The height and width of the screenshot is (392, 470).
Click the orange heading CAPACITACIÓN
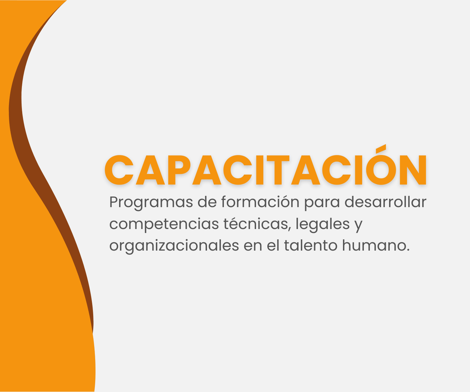(x=265, y=167)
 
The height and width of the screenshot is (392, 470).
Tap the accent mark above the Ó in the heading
(x=381, y=148)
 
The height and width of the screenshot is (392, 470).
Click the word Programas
(x=151, y=202)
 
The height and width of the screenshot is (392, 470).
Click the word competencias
(x=164, y=224)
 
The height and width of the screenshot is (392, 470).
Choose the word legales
(x=322, y=224)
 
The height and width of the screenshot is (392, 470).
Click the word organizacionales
(x=174, y=246)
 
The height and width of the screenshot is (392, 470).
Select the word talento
(x=311, y=245)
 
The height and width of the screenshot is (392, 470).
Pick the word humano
(x=373, y=245)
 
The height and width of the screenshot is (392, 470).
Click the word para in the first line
(x=322, y=202)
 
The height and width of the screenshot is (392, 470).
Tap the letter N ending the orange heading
(x=413, y=170)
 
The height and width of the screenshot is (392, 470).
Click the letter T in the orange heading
(x=278, y=170)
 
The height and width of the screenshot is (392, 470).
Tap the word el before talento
(x=273, y=245)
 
